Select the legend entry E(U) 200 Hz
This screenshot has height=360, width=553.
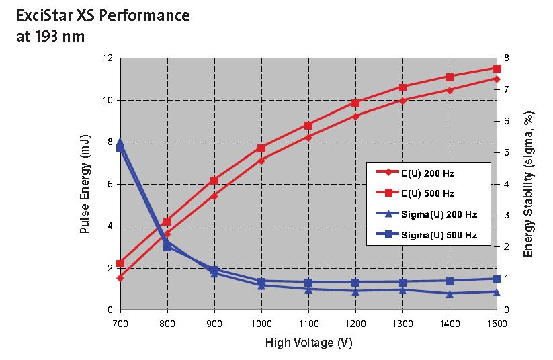click(x=427, y=173)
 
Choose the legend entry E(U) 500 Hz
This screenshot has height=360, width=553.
click(x=427, y=194)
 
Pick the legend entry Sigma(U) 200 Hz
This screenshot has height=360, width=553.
click(x=438, y=215)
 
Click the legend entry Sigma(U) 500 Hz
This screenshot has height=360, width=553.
click(x=438, y=236)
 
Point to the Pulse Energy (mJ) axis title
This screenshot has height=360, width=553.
click(x=85, y=191)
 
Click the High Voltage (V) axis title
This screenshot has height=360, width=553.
click(x=308, y=343)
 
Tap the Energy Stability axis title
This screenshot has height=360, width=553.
click(x=529, y=183)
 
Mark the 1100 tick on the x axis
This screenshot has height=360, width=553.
click(x=308, y=323)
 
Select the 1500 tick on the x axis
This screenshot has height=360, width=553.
click(x=497, y=323)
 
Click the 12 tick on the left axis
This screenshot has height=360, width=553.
click(x=108, y=58)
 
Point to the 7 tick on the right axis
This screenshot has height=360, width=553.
click(x=505, y=89)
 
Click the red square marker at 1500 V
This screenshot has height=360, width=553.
click(x=497, y=69)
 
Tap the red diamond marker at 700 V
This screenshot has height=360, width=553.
click(x=120, y=277)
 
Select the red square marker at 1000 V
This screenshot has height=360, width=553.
click(x=261, y=148)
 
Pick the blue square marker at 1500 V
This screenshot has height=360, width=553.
click(x=497, y=279)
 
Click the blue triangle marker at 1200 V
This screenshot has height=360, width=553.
click(x=355, y=291)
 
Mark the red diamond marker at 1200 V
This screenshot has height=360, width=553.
click(x=355, y=116)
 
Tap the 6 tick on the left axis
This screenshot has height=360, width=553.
click(x=110, y=184)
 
